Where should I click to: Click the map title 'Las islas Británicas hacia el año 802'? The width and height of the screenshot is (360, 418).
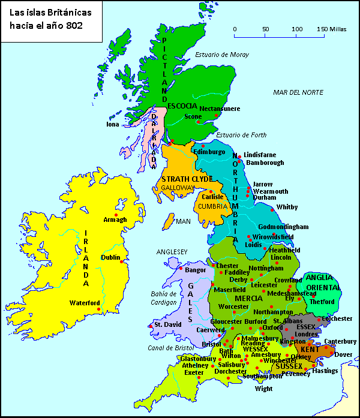pos(46,19)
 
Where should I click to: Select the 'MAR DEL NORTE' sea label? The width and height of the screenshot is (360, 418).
pos(298,92)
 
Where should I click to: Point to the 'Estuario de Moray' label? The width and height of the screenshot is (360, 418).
pos(221,55)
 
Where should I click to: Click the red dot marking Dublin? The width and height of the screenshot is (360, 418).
pos(122,261)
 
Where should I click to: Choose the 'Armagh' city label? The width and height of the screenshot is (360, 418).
pos(115,219)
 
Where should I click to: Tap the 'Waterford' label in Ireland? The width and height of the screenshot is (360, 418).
pos(84,303)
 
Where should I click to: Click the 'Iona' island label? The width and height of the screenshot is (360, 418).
pos(113,125)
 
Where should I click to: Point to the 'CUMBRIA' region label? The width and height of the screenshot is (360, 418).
pos(213,206)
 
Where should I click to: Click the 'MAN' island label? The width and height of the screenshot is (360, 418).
pos(183,221)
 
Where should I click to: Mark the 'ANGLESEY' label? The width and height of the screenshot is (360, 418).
pos(172,251)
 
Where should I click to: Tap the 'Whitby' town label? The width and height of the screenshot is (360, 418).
pos(287,208)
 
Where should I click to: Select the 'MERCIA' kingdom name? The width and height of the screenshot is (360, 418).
pos(248,298)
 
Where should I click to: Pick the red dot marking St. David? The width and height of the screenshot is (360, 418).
pos(149,326)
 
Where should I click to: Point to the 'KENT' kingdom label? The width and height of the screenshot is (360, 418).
pos(310,349)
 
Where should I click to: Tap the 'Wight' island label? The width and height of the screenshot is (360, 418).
pos(263,389)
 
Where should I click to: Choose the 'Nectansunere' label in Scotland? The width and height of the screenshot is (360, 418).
pos(220,109)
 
